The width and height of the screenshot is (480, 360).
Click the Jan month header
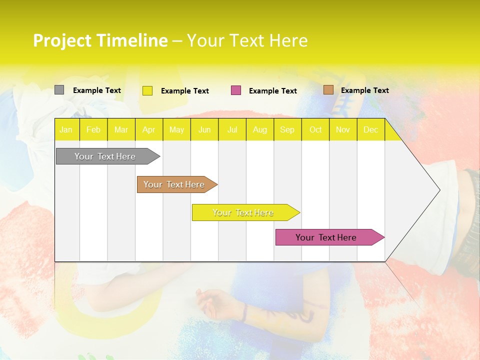66,129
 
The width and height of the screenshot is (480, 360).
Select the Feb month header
93,129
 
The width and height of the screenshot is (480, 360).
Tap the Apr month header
149,129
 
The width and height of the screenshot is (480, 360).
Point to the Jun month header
204,129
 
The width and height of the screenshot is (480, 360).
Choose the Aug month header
260,129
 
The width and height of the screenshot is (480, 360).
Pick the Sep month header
287,129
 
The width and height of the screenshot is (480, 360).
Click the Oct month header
315,129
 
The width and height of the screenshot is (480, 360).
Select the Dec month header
371,129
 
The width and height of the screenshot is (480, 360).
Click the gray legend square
59,90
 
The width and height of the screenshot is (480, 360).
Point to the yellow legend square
147,90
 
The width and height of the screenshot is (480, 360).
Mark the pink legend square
236,90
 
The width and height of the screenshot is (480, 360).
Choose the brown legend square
328,90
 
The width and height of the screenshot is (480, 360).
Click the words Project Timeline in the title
100,40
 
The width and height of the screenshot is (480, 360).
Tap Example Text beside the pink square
273,91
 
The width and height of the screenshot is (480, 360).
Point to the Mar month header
121,129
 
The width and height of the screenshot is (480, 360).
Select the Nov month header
343,129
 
